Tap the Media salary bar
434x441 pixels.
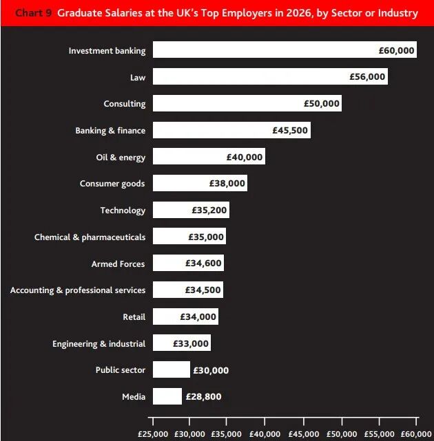point(167,396)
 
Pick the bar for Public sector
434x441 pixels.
point(171,370)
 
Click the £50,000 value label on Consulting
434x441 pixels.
point(322,104)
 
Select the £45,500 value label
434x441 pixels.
point(291,130)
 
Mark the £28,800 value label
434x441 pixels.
point(204,397)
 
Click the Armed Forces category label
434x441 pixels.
point(118,264)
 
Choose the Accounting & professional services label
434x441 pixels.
point(78,290)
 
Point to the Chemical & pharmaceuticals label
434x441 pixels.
point(90,237)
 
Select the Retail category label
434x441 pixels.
point(134,317)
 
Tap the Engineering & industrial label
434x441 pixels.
point(99,344)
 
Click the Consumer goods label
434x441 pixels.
point(112,184)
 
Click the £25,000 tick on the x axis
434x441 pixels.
point(153,434)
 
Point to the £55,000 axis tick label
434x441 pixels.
point(379,434)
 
